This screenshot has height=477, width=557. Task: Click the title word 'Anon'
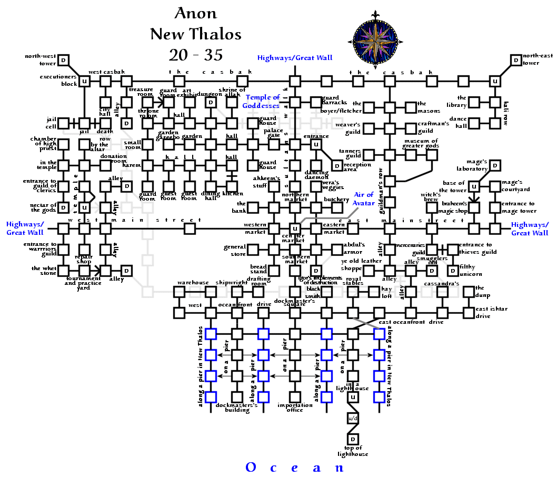pos(195,14)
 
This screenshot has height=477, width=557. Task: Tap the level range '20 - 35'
pos(195,54)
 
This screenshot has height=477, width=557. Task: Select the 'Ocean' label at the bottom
pos(295,468)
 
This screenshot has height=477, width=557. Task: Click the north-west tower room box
pos(64,60)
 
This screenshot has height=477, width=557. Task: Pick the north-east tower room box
pos(516,60)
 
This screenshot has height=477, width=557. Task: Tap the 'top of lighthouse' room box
pos(353,439)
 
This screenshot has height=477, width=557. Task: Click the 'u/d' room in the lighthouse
pos(353,418)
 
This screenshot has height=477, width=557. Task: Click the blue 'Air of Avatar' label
pos(363,199)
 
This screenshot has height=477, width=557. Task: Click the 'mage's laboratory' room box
pos(495,165)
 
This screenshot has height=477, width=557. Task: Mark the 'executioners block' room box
pos(84,81)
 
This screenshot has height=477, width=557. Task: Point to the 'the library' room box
pos(474,102)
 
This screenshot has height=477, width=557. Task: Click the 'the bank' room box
pos(253,207)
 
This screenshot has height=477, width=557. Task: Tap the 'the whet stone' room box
pos(64,271)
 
